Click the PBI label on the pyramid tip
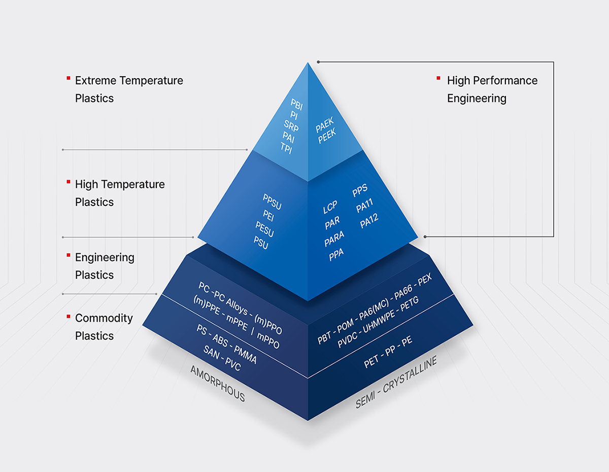tap(296, 105)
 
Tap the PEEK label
tap(327, 136)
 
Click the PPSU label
tap(272, 201)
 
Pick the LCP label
tap(330, 208)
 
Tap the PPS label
tap(360, 192)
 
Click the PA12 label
tap(369, 222)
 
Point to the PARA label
tap(334, 239)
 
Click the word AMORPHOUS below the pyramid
tap(218, 384)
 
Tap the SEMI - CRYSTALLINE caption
tap(396, 382)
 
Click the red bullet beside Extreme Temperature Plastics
tap(68, 78)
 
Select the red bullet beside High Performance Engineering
tap(438, 78)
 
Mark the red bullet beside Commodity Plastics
tap(68, 316)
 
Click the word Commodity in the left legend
tap(104, 318)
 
